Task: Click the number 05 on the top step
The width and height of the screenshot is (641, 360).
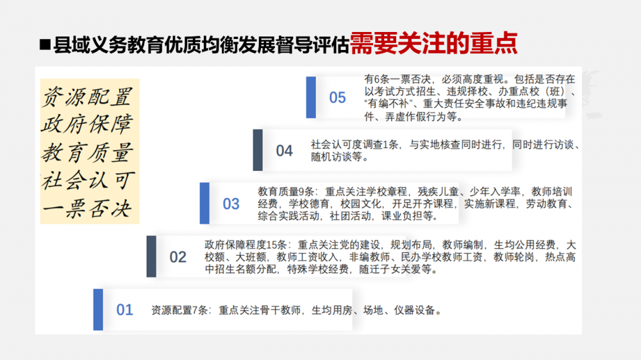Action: pos(337,97)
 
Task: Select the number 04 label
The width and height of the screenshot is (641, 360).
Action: pos(284,151)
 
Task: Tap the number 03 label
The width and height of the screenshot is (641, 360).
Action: pos(231,204)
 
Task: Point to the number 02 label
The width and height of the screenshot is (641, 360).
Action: pos(178,257)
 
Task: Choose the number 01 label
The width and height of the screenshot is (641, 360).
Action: pos(125,310)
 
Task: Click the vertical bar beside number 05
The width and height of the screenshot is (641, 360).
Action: pos(311,97)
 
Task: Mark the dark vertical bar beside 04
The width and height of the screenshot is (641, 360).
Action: pos(258,150)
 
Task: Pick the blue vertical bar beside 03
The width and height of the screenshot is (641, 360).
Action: pos(204,203)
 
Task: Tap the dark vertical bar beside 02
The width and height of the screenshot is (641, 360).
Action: pos(151,256)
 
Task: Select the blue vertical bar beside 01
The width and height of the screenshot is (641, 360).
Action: pos(98,309)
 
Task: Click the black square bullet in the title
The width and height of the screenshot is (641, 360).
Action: pos(45,45)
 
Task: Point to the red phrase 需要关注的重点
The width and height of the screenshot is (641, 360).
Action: pos(434,44)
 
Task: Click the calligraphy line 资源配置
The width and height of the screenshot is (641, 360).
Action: pos(87,97)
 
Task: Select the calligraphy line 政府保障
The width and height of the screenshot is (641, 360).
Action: pos(87,124)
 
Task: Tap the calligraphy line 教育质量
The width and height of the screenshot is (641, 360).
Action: pos(87,152)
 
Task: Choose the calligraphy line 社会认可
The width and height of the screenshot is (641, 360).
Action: pos(87,180)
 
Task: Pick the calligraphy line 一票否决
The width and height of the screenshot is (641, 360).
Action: pos(87,208)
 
